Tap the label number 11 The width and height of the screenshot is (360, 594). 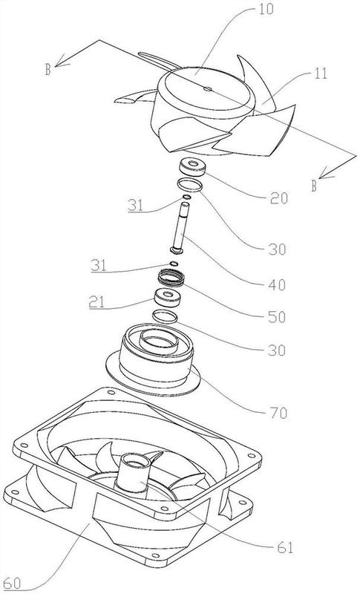[320, 73]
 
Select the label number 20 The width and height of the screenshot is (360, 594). [278, 198]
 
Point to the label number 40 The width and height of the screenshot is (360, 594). [277, 284]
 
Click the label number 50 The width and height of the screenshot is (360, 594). [276, 317]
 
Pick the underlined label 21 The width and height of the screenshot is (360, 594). [98, 302]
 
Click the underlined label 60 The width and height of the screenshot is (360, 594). [11, 584]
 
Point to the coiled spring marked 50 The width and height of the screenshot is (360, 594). [171, 277]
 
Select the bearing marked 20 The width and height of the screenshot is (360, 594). [193, 167]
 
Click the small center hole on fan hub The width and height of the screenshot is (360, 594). [206, 89]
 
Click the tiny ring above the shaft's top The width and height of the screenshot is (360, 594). [186, 197]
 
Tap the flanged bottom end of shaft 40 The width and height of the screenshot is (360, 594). [177, 249]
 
